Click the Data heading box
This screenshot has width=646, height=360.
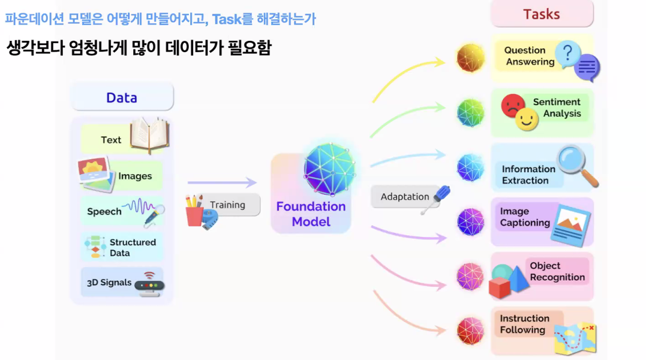click(122, 98)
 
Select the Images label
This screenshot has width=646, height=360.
click(135, 176)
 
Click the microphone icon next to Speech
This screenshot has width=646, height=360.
click(154, 214)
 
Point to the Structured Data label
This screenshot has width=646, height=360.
click(133, 247)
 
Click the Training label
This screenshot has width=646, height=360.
click(227, 205)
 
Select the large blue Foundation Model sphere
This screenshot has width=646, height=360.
click(330, 169)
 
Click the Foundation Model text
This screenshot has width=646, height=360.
click(311, 214)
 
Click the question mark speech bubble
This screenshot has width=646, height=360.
click(567, 54)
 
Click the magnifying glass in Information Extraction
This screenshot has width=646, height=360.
click(576, 164)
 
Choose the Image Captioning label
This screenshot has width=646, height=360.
click(525, 217)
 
